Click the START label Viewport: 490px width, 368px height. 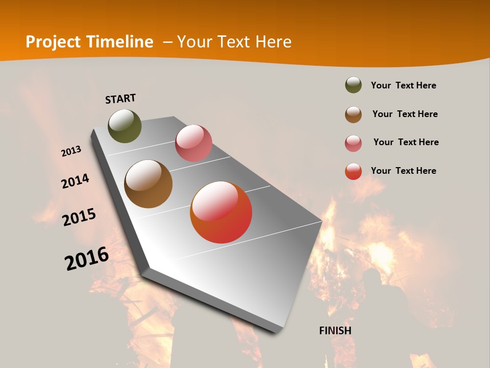(120, 99)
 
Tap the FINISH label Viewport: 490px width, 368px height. (335, 331)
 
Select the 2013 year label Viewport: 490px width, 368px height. (71, 151)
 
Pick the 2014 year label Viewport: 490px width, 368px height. (75, 181)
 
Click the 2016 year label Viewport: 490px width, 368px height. (87, 258)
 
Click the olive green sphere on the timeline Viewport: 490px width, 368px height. (125, 126)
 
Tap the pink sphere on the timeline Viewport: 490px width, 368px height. (193, 143)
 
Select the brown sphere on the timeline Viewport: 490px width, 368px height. (149, 184)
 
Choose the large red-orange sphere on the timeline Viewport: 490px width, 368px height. (221, 212)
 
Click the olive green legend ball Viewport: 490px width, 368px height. (353, 85)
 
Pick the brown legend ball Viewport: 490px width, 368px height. (353, 114)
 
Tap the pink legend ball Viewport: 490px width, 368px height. (353, 143)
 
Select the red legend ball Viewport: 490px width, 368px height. (353, 171)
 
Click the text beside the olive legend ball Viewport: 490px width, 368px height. (403, 85)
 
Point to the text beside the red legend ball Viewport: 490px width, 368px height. (403, 171)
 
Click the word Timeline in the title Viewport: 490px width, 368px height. (120, 42)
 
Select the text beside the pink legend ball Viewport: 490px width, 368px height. (406, 142)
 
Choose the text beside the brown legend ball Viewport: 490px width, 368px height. (405, 114)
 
